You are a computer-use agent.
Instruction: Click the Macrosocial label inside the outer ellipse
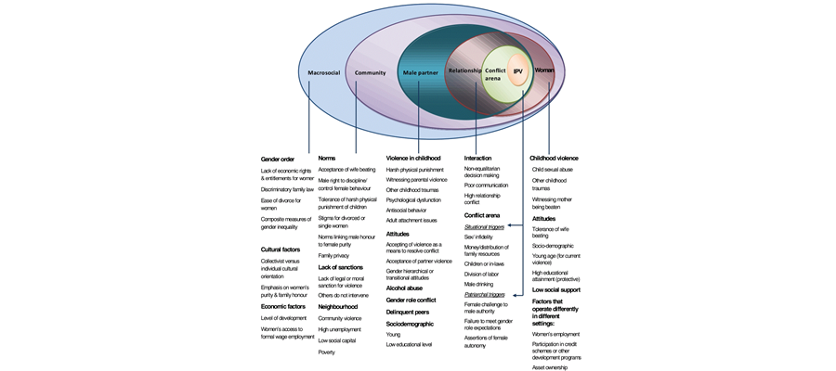pyautogui.click(x=326, y=72)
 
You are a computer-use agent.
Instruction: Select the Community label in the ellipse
pyautogui.click(x=370, y=72)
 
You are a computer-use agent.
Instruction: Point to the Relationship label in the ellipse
pyautogui.click(x=465, y=70)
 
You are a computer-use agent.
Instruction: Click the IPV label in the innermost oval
pyautogui.click(x=518, y=71)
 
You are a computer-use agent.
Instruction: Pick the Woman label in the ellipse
pyautogui.click(x=544, y=70)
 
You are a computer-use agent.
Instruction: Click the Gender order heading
pyautogui.click(x=278, y=159)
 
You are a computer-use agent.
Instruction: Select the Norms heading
pyautogui.click(x=327, y=159)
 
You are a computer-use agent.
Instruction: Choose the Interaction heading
pyautogui.click(x=477, y=159)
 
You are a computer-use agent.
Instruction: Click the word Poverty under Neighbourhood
pyautogui.click(x=327, y=352)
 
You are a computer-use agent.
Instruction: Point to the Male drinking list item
pyautogui.click(x=479, y=284)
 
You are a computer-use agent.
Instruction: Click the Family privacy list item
pyautogui.click(x=334, y=255)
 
